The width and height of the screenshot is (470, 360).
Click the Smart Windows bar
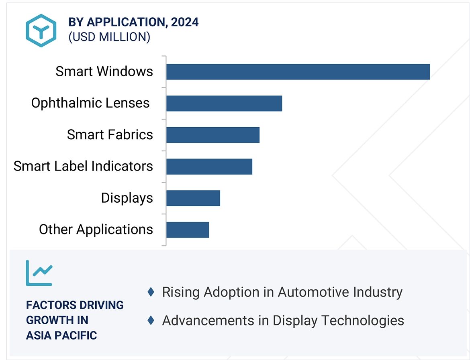click(298, 72)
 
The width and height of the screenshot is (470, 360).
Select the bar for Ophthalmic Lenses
click(224, 103)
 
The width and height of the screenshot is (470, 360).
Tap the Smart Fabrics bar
click(213, 135)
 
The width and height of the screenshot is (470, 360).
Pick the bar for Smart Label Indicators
click(209, 167)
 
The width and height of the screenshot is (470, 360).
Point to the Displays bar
click(193, 198)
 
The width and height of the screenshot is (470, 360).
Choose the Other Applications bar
click(187, 230)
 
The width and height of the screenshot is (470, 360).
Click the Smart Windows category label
click(104, 71)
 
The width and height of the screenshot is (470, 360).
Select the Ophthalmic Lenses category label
click(90, 103)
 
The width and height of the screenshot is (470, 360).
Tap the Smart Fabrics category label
click(110, 134)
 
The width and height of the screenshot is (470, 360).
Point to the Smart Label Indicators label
click(83, 166)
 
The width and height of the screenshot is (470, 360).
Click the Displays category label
click(127, 198)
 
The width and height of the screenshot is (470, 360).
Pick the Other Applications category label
click(96, 230)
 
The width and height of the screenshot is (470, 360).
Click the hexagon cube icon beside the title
click(41, 30)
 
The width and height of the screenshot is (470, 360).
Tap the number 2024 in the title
click(185, 22)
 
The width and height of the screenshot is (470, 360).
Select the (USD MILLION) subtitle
click(109, 37)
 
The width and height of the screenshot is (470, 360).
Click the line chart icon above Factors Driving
click(39, 273)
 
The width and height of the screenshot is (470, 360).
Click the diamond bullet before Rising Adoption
click(151, 292)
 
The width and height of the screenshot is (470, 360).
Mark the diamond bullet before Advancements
click(151, 320)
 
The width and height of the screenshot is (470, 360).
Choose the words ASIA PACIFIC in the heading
click(61, 336)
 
